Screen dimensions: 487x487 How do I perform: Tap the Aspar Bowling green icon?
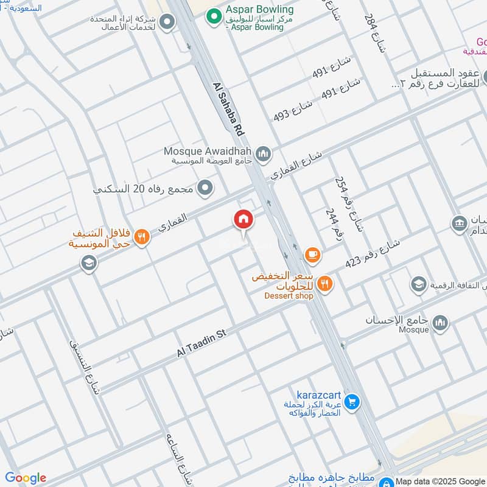click(213, 16)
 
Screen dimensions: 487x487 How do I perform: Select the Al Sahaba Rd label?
click(229, 110)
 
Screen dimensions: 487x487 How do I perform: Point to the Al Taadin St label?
click(201, 343)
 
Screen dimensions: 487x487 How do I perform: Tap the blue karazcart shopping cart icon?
click(351, 402)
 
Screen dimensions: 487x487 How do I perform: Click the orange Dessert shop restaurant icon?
click(325, 283)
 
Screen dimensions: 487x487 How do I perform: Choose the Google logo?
click(26, 478)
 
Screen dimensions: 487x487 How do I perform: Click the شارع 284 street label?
click(375, 34)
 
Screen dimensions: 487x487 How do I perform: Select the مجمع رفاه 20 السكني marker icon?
click(206, 188)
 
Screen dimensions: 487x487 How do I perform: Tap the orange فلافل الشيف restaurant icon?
click(141, 237)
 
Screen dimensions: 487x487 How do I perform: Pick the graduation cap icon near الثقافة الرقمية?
click(418, 284)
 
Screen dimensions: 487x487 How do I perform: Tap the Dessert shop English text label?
click(289, 296)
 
